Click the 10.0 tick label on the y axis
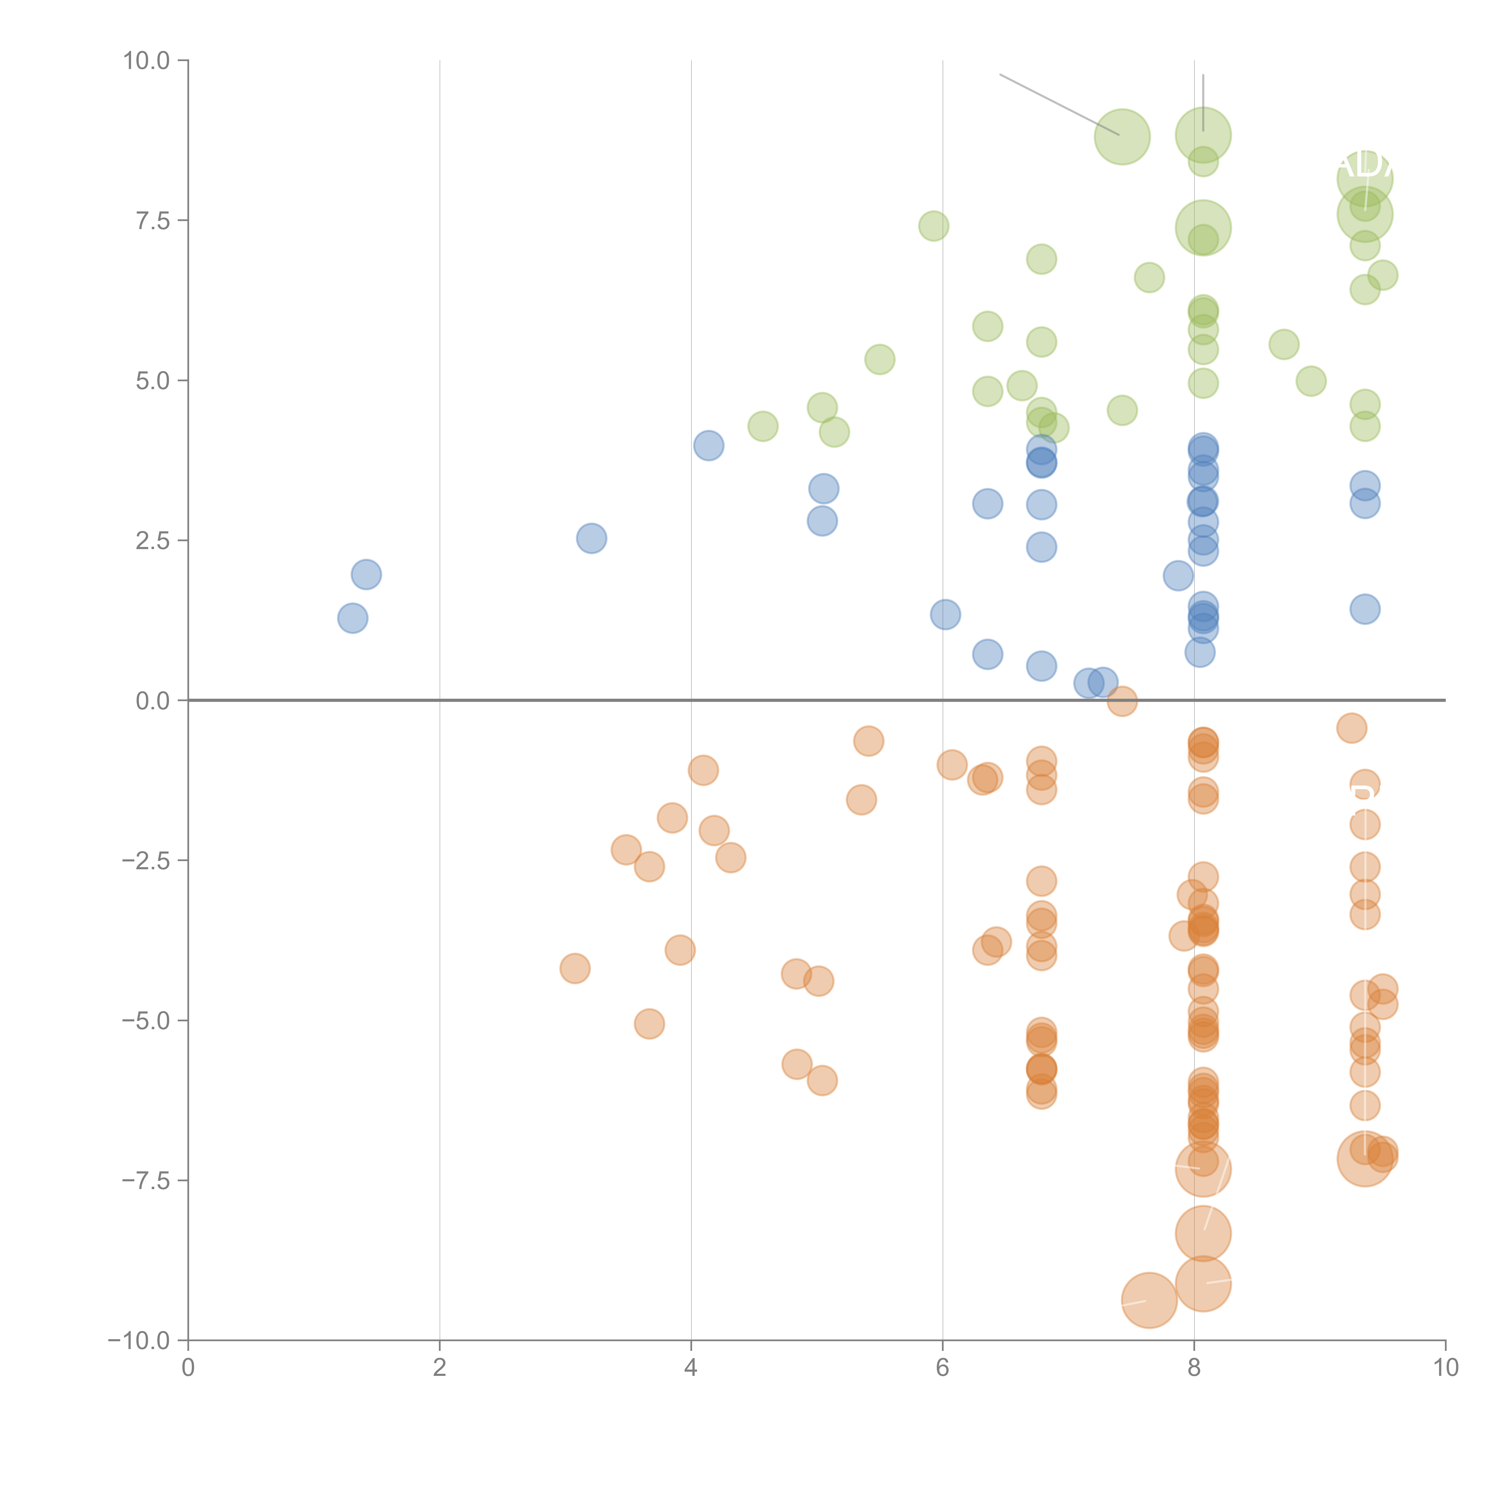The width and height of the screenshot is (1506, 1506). pyautogui.click(x=147, y=61)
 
